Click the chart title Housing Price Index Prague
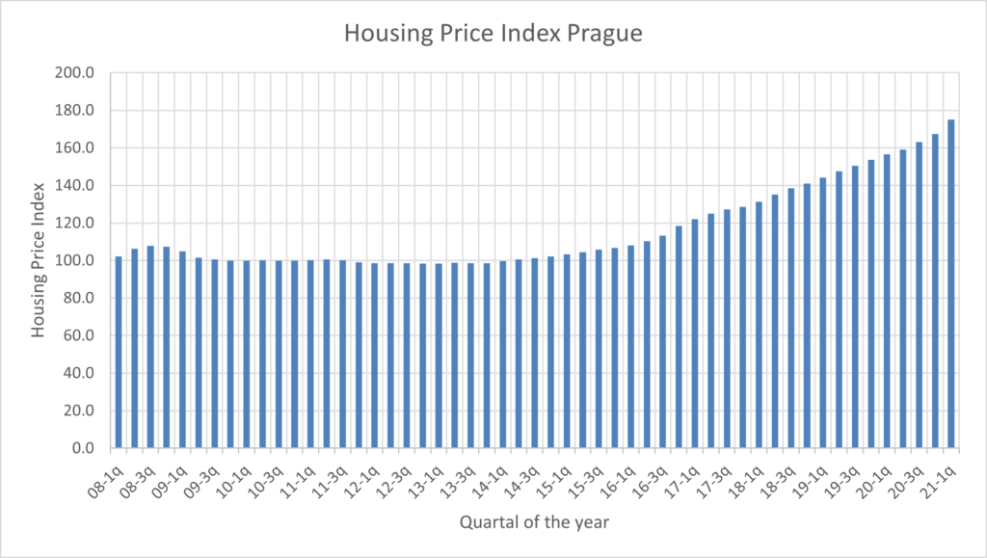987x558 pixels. coord(493,34)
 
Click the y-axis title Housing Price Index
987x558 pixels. coord(39,259)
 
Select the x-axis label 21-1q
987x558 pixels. coord(943,476)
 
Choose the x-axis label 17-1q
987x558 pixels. coord(685,476)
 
